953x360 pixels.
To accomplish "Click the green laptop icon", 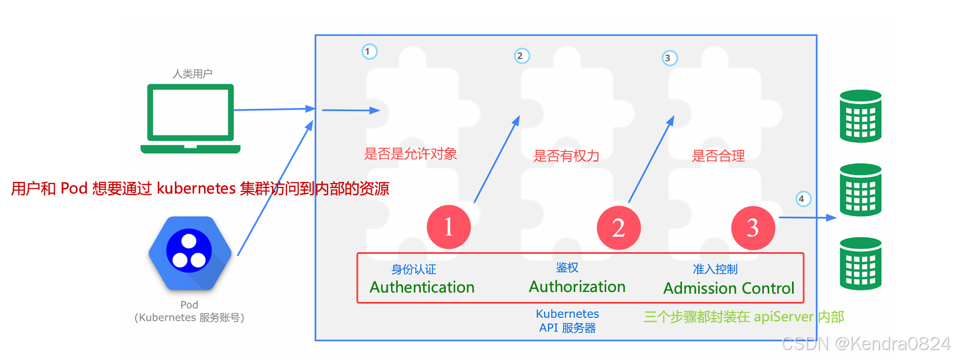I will point(190,117).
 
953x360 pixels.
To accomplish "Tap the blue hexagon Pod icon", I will point(190,253).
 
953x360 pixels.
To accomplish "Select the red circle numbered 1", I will point(449,227).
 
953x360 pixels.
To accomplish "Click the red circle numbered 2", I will point(618,227).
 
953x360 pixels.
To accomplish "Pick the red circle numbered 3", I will point(753,228).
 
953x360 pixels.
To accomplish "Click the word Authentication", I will point(422,287).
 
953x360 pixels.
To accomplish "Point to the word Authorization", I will point(577,286).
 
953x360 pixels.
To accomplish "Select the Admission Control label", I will point(728,288).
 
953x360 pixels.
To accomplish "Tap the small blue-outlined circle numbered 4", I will point(803,199).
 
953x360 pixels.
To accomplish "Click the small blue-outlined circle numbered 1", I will point(369,51).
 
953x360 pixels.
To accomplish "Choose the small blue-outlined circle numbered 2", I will point(522,56).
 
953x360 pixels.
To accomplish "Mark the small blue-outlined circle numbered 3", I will point(669,58).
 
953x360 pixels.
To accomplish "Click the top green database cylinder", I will point(860,116).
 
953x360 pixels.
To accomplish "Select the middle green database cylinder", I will point(860,190).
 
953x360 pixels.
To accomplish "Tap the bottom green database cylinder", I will point(860,263).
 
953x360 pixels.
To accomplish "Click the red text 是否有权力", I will point(566,156).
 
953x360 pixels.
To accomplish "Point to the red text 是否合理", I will point(718,156).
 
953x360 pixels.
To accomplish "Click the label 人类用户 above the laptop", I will point(192,74).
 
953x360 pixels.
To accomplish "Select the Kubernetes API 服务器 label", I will point(567,321).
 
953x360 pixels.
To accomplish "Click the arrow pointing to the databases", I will point(807,218).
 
